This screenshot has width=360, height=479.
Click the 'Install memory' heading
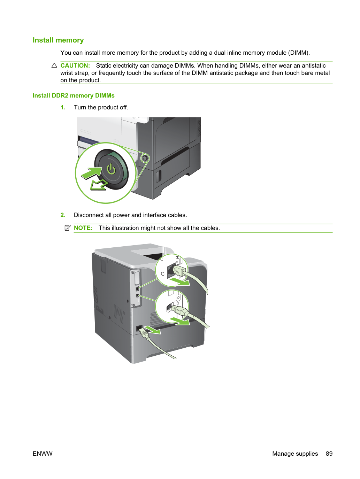tap(58, 40)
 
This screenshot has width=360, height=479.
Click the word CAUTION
tap(75, 65)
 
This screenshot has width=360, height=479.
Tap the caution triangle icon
tap(54, 65)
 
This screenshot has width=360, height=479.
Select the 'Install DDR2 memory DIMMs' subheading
tap(74, 95)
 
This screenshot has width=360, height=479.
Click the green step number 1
tap(63, 107)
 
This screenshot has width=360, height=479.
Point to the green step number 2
tap(63, 215)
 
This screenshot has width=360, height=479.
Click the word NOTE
tap(83, 228)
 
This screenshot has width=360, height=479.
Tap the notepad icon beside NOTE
tap(68, 228)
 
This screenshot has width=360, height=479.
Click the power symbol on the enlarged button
tap(111, 169)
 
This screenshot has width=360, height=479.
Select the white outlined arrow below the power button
tap(99, 185)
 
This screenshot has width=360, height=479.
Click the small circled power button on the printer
tap(145, 157)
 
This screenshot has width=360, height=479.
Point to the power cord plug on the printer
tap(142, 332)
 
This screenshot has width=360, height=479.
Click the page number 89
tap(329, 454)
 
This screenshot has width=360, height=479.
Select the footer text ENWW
tap(43, 454)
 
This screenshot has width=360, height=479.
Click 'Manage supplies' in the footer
tap(295, 454)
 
